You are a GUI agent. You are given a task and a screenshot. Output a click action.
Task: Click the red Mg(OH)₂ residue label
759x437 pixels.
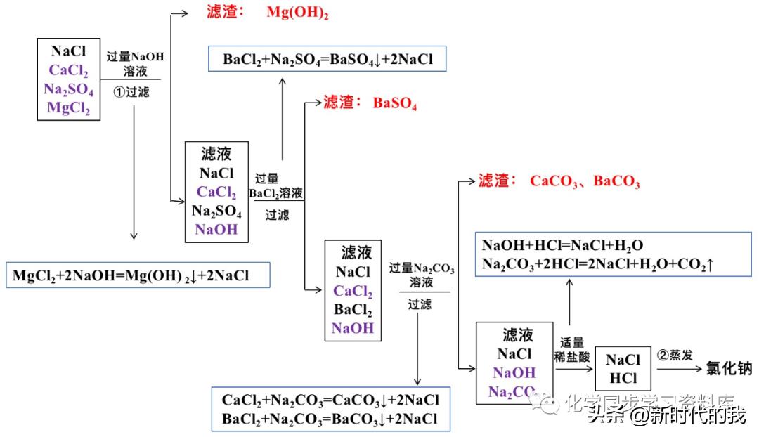(x=297, y=13)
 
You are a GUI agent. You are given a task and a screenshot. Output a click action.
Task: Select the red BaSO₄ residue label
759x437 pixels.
(x=395, y=104)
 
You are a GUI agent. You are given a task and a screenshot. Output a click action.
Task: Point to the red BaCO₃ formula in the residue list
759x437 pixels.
(x=616, y=181)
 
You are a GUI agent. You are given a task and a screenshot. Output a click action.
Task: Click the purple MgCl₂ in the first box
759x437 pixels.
(x=69, y=107)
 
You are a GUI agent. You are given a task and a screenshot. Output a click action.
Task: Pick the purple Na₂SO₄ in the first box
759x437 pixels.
(x=69, y=89)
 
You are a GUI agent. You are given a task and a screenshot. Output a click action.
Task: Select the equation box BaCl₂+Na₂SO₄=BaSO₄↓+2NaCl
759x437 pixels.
(x=327, y=60)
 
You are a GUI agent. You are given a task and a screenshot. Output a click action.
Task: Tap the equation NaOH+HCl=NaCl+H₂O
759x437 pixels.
(x=562, y=246)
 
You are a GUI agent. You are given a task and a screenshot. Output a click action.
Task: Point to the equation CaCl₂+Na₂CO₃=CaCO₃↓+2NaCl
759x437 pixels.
(x=330, y=400)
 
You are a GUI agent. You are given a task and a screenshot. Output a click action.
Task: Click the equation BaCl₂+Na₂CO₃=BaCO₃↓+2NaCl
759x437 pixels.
(x=330, y=418)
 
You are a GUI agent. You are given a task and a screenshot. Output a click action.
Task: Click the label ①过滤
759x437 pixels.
(x=133, y=91)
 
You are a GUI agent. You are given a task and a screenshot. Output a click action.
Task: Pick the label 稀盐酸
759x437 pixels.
(x=572, y=356)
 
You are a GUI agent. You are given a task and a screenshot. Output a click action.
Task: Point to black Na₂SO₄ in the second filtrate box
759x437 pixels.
(x=216, y=210)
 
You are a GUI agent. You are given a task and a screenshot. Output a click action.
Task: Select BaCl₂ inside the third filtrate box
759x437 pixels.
(x=353, y=309)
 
